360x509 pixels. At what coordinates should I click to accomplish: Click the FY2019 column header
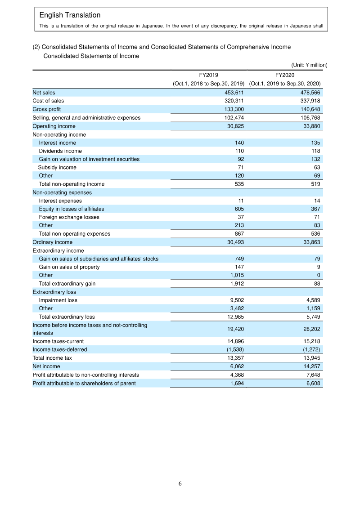[208, 75]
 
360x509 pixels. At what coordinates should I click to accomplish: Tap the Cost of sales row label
[48, 101]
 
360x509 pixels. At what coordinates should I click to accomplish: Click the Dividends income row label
[60, 151]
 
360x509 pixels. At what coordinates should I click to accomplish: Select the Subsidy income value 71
[241, 167]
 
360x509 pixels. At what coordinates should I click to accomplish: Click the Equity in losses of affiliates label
[71, 209]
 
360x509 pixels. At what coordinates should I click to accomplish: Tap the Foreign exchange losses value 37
[241, 217]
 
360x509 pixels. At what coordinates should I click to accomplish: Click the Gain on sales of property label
[69, 267]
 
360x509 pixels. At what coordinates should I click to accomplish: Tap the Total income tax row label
[52, 358]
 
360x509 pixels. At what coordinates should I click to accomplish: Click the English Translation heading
[70, 15]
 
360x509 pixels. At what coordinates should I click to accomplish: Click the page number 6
[180, 484]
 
